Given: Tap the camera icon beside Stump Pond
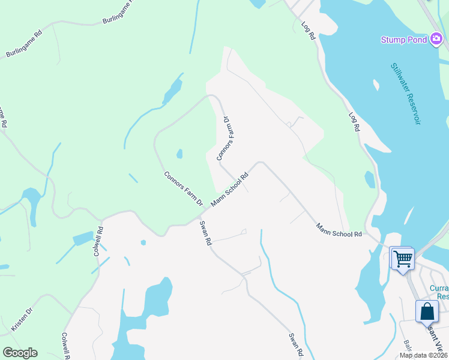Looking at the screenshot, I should (x=436, y=40).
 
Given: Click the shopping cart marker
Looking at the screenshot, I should (x=402, y=259).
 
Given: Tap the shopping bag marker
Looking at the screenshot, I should (x=427, y=312).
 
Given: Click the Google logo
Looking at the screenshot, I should (x=20, y=353).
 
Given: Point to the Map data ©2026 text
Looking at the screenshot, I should (x=423, y=355).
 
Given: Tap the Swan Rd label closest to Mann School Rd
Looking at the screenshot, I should (x=205, y=232).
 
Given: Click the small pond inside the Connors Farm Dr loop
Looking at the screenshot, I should (x=179, y=154).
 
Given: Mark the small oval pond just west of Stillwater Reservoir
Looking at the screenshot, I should (x=370, y=179).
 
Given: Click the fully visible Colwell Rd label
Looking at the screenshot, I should (x=98, y=241).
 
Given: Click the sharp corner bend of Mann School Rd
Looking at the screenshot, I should (x=259, y=162).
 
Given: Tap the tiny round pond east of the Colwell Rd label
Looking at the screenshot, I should (x=143, y=242).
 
